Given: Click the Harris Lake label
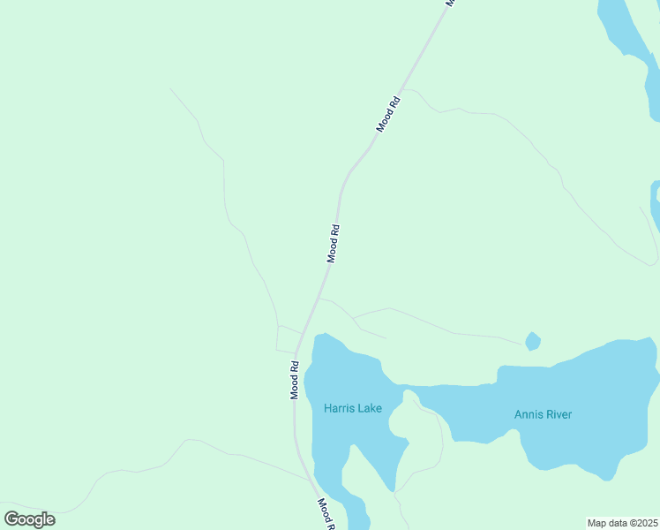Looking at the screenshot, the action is point(352,408).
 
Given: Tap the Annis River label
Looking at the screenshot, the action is point(543,414).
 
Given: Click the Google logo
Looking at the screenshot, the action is point(29,519).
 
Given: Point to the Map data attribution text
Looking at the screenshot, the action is point(622,523).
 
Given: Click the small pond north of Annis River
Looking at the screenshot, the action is point(532,341).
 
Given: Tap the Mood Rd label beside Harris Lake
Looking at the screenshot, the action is point(295,380).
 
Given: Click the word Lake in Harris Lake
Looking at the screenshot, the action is point(369,408).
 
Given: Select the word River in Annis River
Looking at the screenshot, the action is point(558,414).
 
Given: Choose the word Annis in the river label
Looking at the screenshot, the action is point(528,414).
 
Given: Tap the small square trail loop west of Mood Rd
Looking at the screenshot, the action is point(287,338).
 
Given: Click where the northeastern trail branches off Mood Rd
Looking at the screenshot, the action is point(402,89).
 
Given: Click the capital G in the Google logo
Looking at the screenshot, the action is point(11,519).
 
